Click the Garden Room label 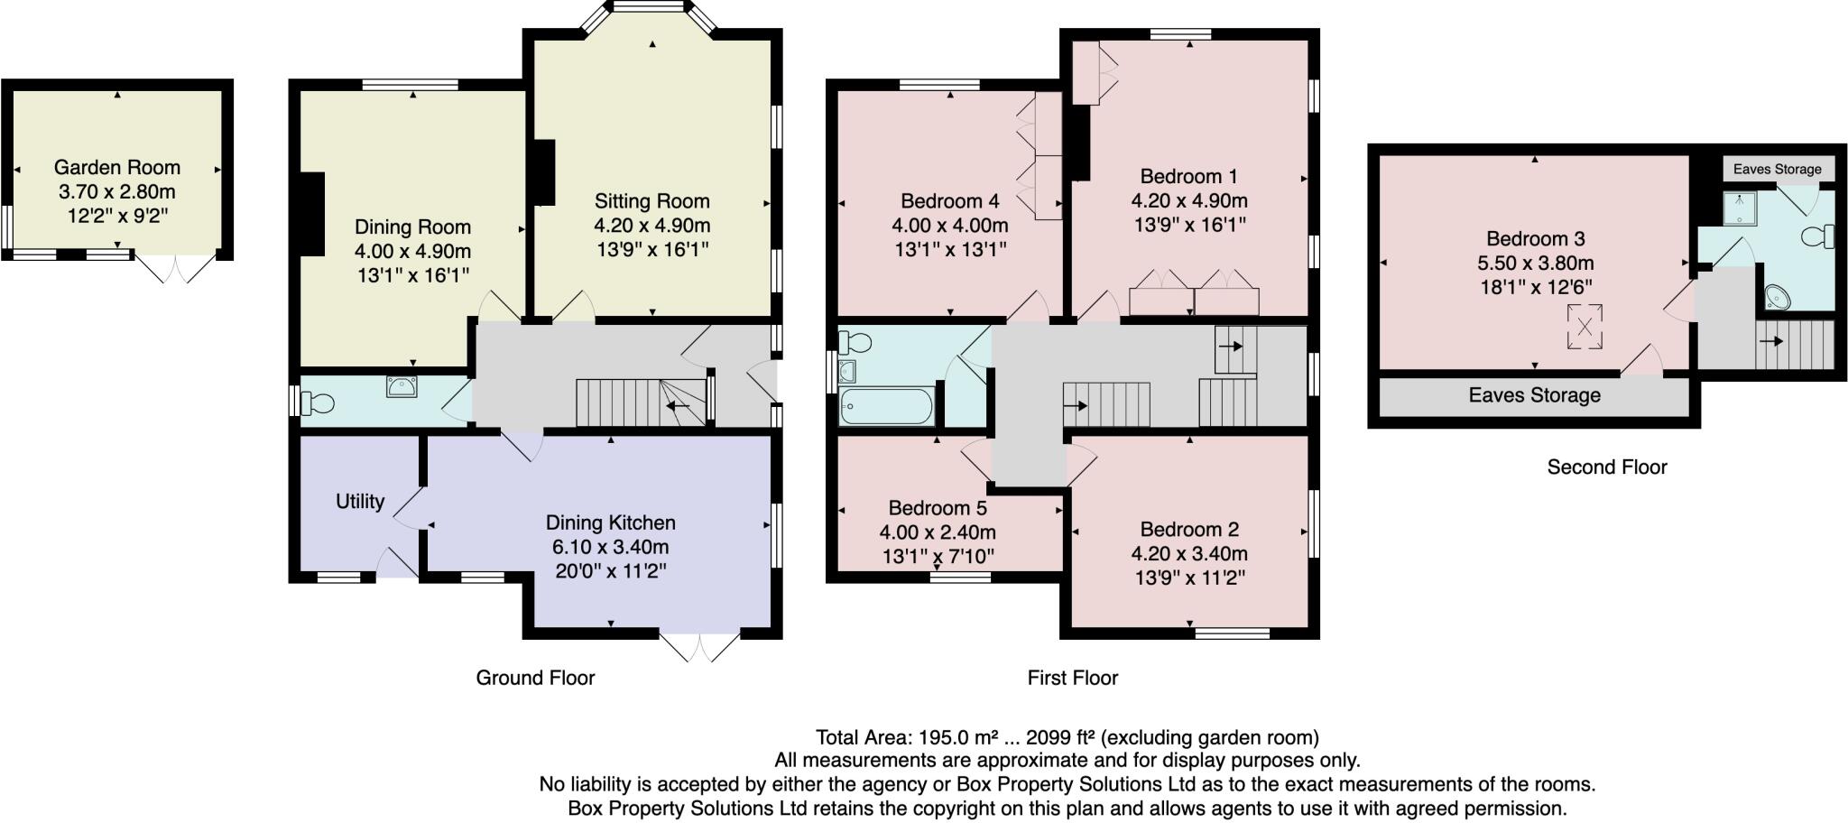117,167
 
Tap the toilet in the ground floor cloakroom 316,402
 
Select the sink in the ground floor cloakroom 402,386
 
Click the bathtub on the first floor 885,406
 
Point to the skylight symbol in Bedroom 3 1584,327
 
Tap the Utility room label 360,502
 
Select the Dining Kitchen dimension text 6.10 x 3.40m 611,547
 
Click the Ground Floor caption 535,678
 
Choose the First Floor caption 1072,678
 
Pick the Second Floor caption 1607,467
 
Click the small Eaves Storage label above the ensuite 1778,169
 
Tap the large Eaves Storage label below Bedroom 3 1534,395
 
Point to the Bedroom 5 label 938,508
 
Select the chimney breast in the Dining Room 312,215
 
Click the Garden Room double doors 177,269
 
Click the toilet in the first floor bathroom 855,343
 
